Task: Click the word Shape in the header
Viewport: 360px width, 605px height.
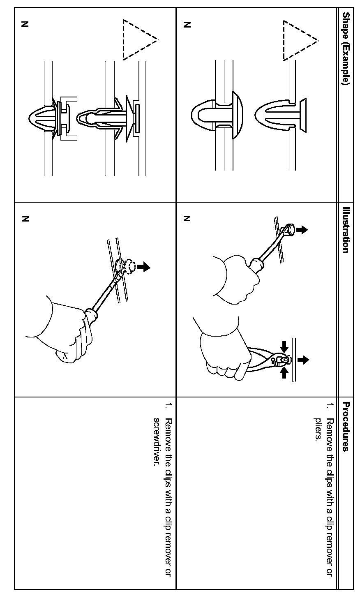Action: tap(346, 26)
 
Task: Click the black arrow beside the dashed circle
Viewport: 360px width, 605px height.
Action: tap(144, 267)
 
